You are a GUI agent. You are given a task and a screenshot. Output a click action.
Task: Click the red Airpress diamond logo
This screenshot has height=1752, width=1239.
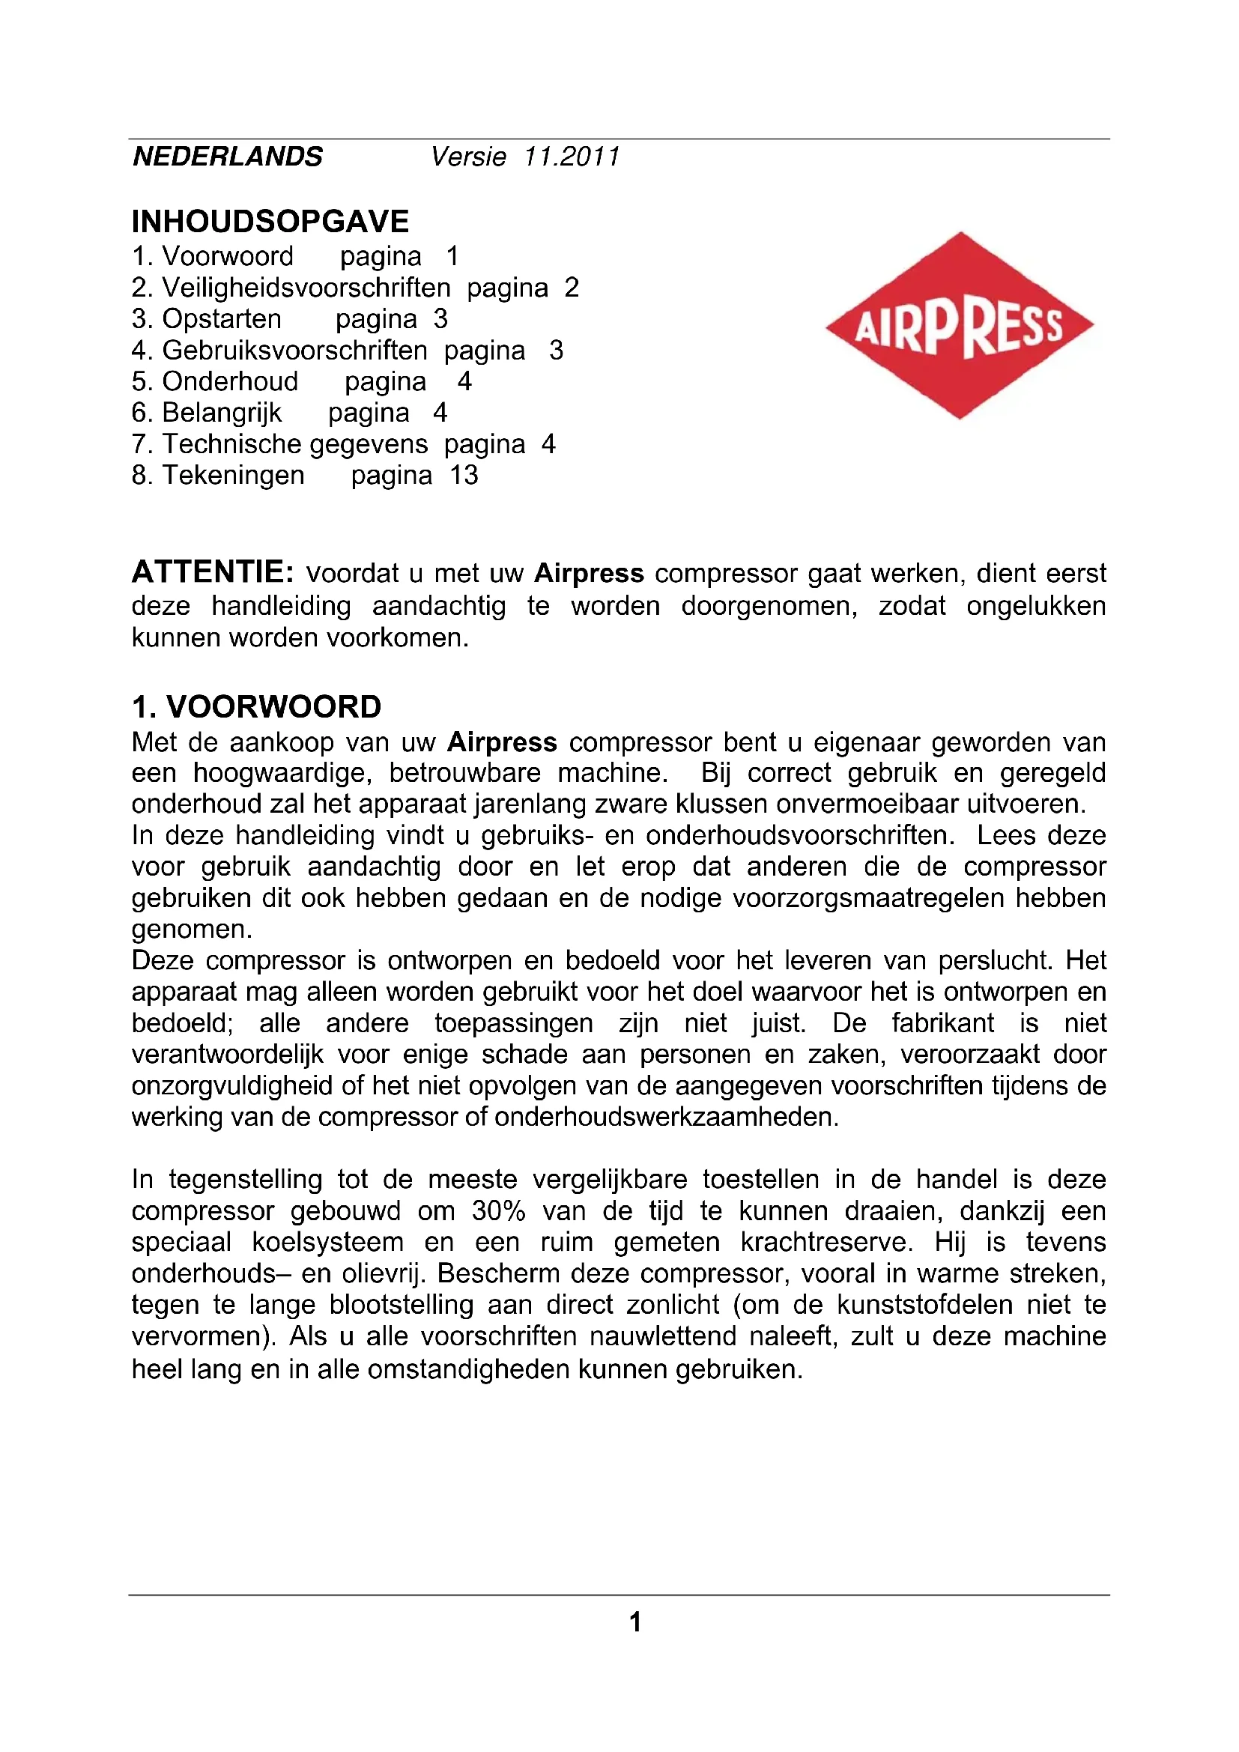959,326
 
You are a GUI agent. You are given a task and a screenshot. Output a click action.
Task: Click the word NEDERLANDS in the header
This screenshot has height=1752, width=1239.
228,157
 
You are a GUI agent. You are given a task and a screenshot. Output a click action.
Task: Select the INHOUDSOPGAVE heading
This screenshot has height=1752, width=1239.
270,221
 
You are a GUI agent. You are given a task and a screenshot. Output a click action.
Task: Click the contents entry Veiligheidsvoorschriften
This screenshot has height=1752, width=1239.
306,288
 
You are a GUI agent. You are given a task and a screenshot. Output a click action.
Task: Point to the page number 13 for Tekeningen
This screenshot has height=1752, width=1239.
464,476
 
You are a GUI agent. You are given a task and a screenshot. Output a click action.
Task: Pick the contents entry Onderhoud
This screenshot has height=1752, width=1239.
230,381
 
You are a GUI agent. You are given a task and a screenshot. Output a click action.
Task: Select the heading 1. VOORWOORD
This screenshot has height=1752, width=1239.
256,706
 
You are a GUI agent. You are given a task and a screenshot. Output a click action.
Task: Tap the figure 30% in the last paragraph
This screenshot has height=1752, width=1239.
498,1211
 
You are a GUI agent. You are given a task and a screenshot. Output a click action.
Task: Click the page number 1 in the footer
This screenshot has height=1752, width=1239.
634,1622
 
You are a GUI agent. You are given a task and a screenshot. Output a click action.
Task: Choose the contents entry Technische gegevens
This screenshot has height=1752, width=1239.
294,444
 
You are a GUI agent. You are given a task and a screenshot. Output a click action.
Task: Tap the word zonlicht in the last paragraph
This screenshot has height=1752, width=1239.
672,1305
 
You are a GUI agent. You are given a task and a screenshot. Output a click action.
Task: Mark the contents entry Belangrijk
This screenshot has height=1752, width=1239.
221,413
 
